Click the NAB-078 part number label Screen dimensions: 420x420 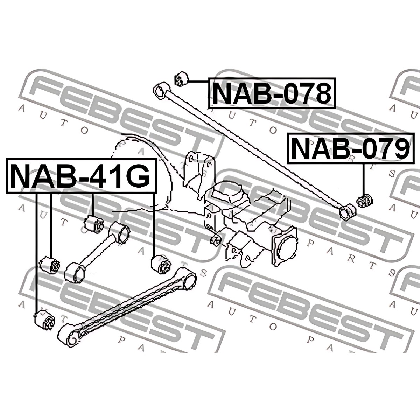point(272,93)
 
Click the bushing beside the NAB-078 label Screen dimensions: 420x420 point(181,79)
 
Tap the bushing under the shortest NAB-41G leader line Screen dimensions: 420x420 point(94,224)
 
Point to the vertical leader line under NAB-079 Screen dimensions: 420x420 point(363,179)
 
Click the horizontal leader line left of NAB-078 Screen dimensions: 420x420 point(198,82)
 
